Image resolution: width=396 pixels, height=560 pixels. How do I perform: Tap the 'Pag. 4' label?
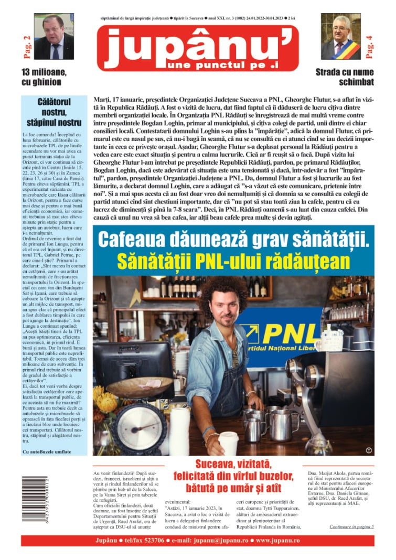(369, 46)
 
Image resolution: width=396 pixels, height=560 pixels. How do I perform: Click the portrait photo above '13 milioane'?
(53, 36)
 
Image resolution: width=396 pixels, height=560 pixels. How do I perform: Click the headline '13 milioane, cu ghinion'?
(41, 77)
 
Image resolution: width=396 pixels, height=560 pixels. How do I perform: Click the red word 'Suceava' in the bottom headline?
(218, 464)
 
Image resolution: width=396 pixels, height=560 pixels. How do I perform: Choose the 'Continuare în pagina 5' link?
(351, 526)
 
